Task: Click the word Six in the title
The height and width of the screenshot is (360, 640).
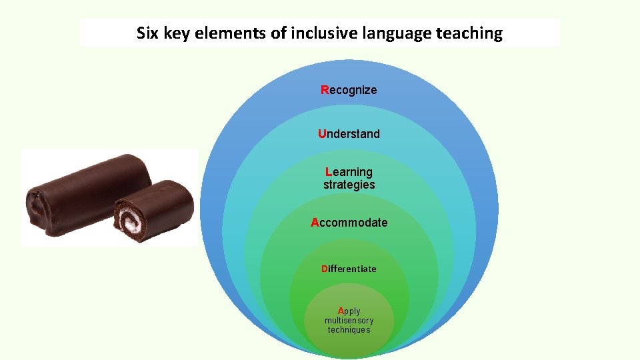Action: [x=148, y=33]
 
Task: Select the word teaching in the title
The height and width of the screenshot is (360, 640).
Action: [x=471, y=33]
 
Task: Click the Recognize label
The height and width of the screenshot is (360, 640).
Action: [x=349, y=90]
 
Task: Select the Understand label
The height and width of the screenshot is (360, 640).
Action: [x=349, y=134]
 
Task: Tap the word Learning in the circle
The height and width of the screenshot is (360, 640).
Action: [x=349, y=172]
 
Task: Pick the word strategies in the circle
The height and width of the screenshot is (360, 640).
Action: [x=349, y=185]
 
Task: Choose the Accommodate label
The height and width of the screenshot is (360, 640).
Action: [x=349, y=223]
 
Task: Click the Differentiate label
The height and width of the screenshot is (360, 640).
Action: [x=349, y=269]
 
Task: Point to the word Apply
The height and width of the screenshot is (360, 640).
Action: [x=349, y=311]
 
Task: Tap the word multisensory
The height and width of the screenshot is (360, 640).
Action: [x=349, y=321]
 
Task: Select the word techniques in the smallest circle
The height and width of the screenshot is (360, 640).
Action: [x=349, y=330]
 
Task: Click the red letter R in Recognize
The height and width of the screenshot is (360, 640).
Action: [x=325, y=90]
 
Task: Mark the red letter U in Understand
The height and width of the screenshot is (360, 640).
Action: [x=322, y=134]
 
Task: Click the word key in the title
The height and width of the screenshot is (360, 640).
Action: [x=175, y=33]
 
